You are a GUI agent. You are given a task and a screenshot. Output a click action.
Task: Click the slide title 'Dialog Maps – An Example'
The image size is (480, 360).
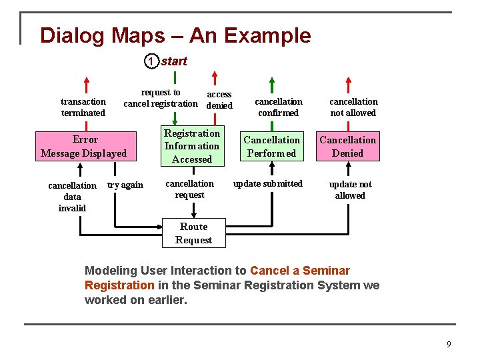pos(175,35)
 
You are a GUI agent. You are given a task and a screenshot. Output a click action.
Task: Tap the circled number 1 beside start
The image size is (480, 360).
pos(151,62)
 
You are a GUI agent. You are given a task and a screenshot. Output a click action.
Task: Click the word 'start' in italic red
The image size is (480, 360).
pos(174,61)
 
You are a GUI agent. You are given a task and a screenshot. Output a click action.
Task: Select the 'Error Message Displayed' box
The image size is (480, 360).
pos(84,146)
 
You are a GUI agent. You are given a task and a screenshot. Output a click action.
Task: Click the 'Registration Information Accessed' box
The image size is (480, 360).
pos(192,146)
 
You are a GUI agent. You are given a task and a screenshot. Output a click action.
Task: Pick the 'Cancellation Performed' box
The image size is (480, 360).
pos(271,146)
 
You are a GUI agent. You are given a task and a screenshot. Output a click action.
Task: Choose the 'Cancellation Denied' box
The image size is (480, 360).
pos(347,146)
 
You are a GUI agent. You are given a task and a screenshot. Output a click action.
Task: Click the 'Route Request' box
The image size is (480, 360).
pos(193,233)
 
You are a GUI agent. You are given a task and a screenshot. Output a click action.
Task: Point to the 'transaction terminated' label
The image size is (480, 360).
pos(83,107)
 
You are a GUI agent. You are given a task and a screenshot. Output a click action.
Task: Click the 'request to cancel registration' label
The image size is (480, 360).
pos(161,98)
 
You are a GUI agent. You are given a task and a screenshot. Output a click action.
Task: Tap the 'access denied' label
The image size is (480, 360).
pos(219,100)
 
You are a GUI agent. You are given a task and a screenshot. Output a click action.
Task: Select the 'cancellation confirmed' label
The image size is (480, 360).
pos(279,107)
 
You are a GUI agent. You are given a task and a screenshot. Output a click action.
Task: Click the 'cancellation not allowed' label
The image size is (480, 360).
pos(353,107)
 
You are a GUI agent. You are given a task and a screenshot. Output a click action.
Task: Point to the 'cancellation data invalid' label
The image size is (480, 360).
pos(72,197)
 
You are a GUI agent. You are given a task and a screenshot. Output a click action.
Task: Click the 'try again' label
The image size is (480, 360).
pos(125,185)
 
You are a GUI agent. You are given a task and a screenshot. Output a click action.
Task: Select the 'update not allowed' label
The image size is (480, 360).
pos(350,190)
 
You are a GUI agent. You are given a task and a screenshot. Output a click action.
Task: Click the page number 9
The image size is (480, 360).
pos(449,344)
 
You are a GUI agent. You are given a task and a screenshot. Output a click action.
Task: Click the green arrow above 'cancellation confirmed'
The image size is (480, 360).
pos(271,85)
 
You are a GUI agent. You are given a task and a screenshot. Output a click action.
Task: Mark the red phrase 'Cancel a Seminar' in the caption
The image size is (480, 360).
pos(300,271)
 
